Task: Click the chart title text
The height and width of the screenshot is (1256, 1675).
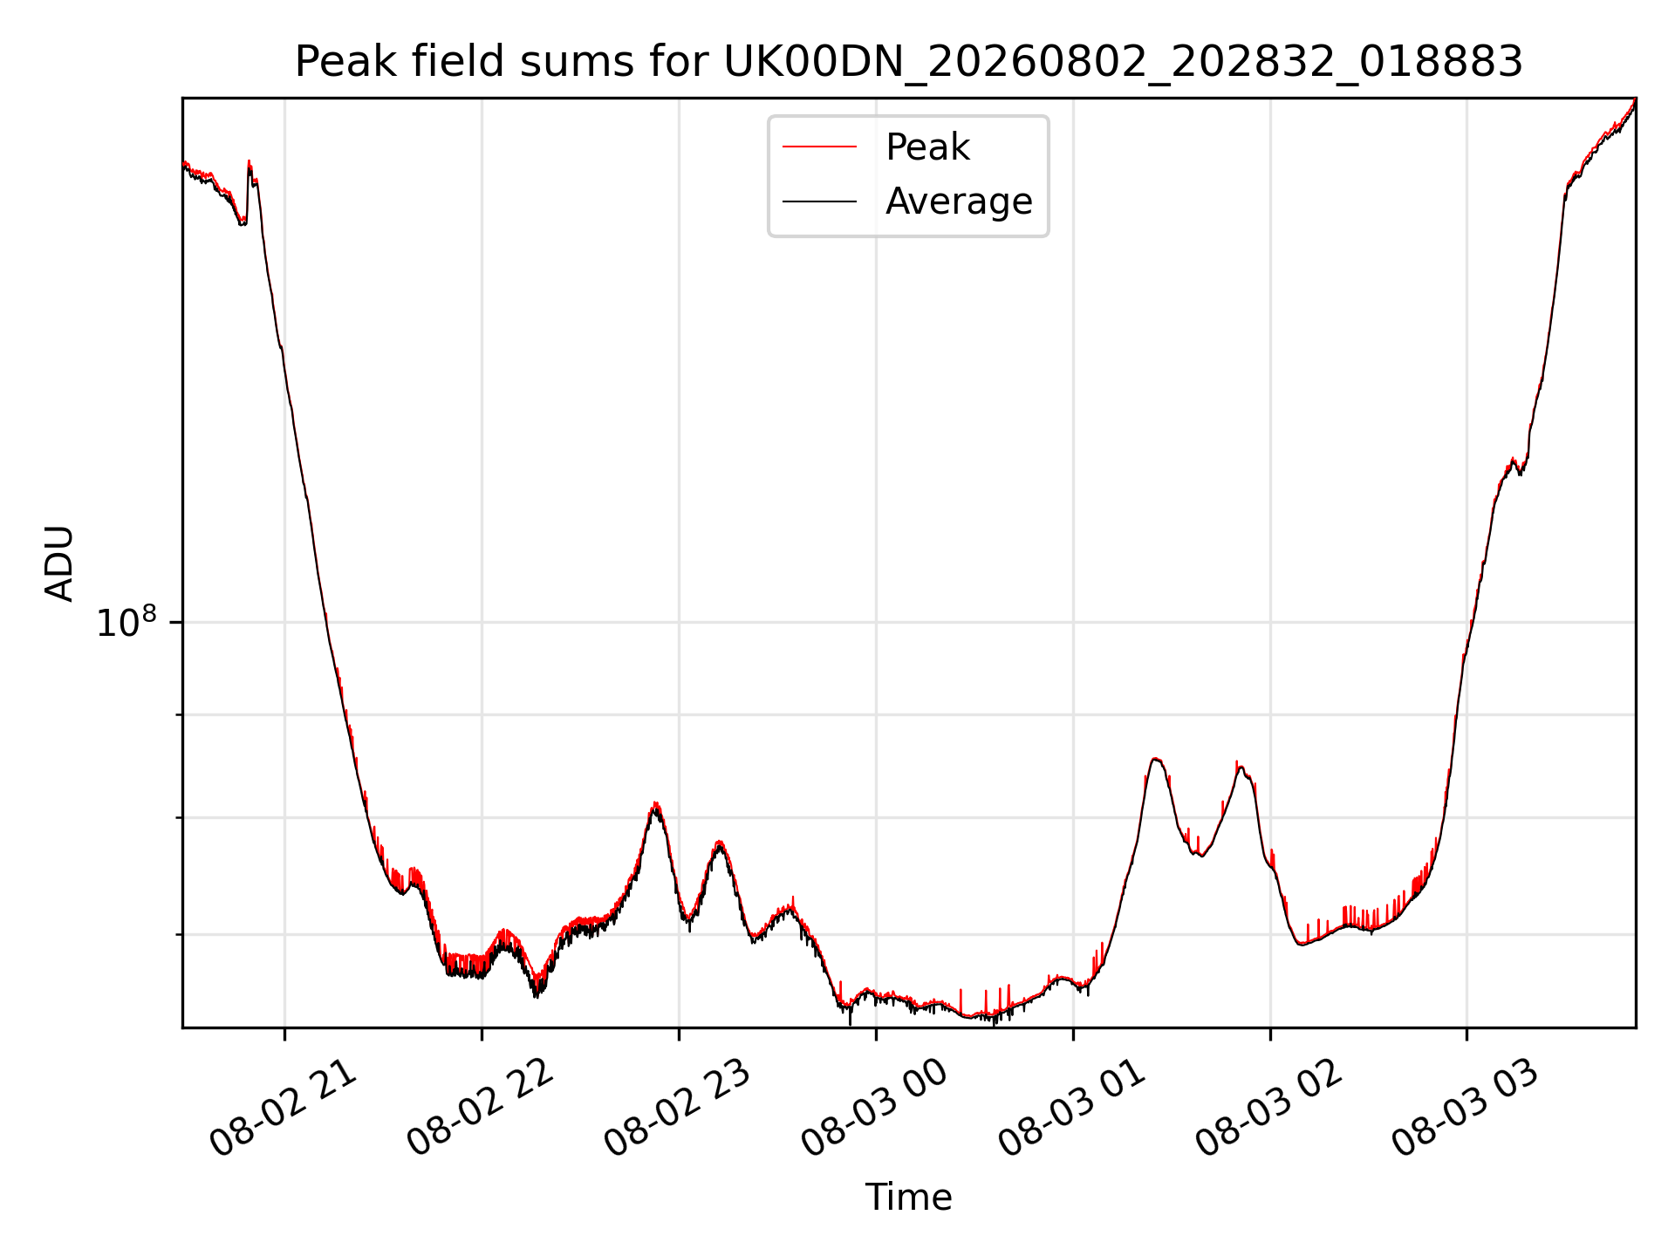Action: (908, 62)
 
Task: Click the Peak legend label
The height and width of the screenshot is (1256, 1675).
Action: (927, 147)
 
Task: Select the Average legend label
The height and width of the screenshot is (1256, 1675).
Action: (959, 201)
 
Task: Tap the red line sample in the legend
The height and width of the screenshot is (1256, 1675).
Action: (820, 147)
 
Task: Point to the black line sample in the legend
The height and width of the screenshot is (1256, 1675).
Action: (820, 201)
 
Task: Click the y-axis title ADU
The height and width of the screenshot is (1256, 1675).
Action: (59, 563)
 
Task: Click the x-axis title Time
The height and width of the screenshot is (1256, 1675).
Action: (908, 1198)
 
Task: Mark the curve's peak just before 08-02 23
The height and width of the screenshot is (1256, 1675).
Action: (656, 804)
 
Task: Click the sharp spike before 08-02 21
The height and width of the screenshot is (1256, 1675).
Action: (249, 162)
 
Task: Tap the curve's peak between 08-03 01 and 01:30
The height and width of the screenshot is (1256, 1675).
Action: (1155, 759)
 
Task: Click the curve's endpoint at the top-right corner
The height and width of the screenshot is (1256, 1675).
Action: (1635, 99)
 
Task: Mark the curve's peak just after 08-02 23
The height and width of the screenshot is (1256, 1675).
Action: (719, 843)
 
